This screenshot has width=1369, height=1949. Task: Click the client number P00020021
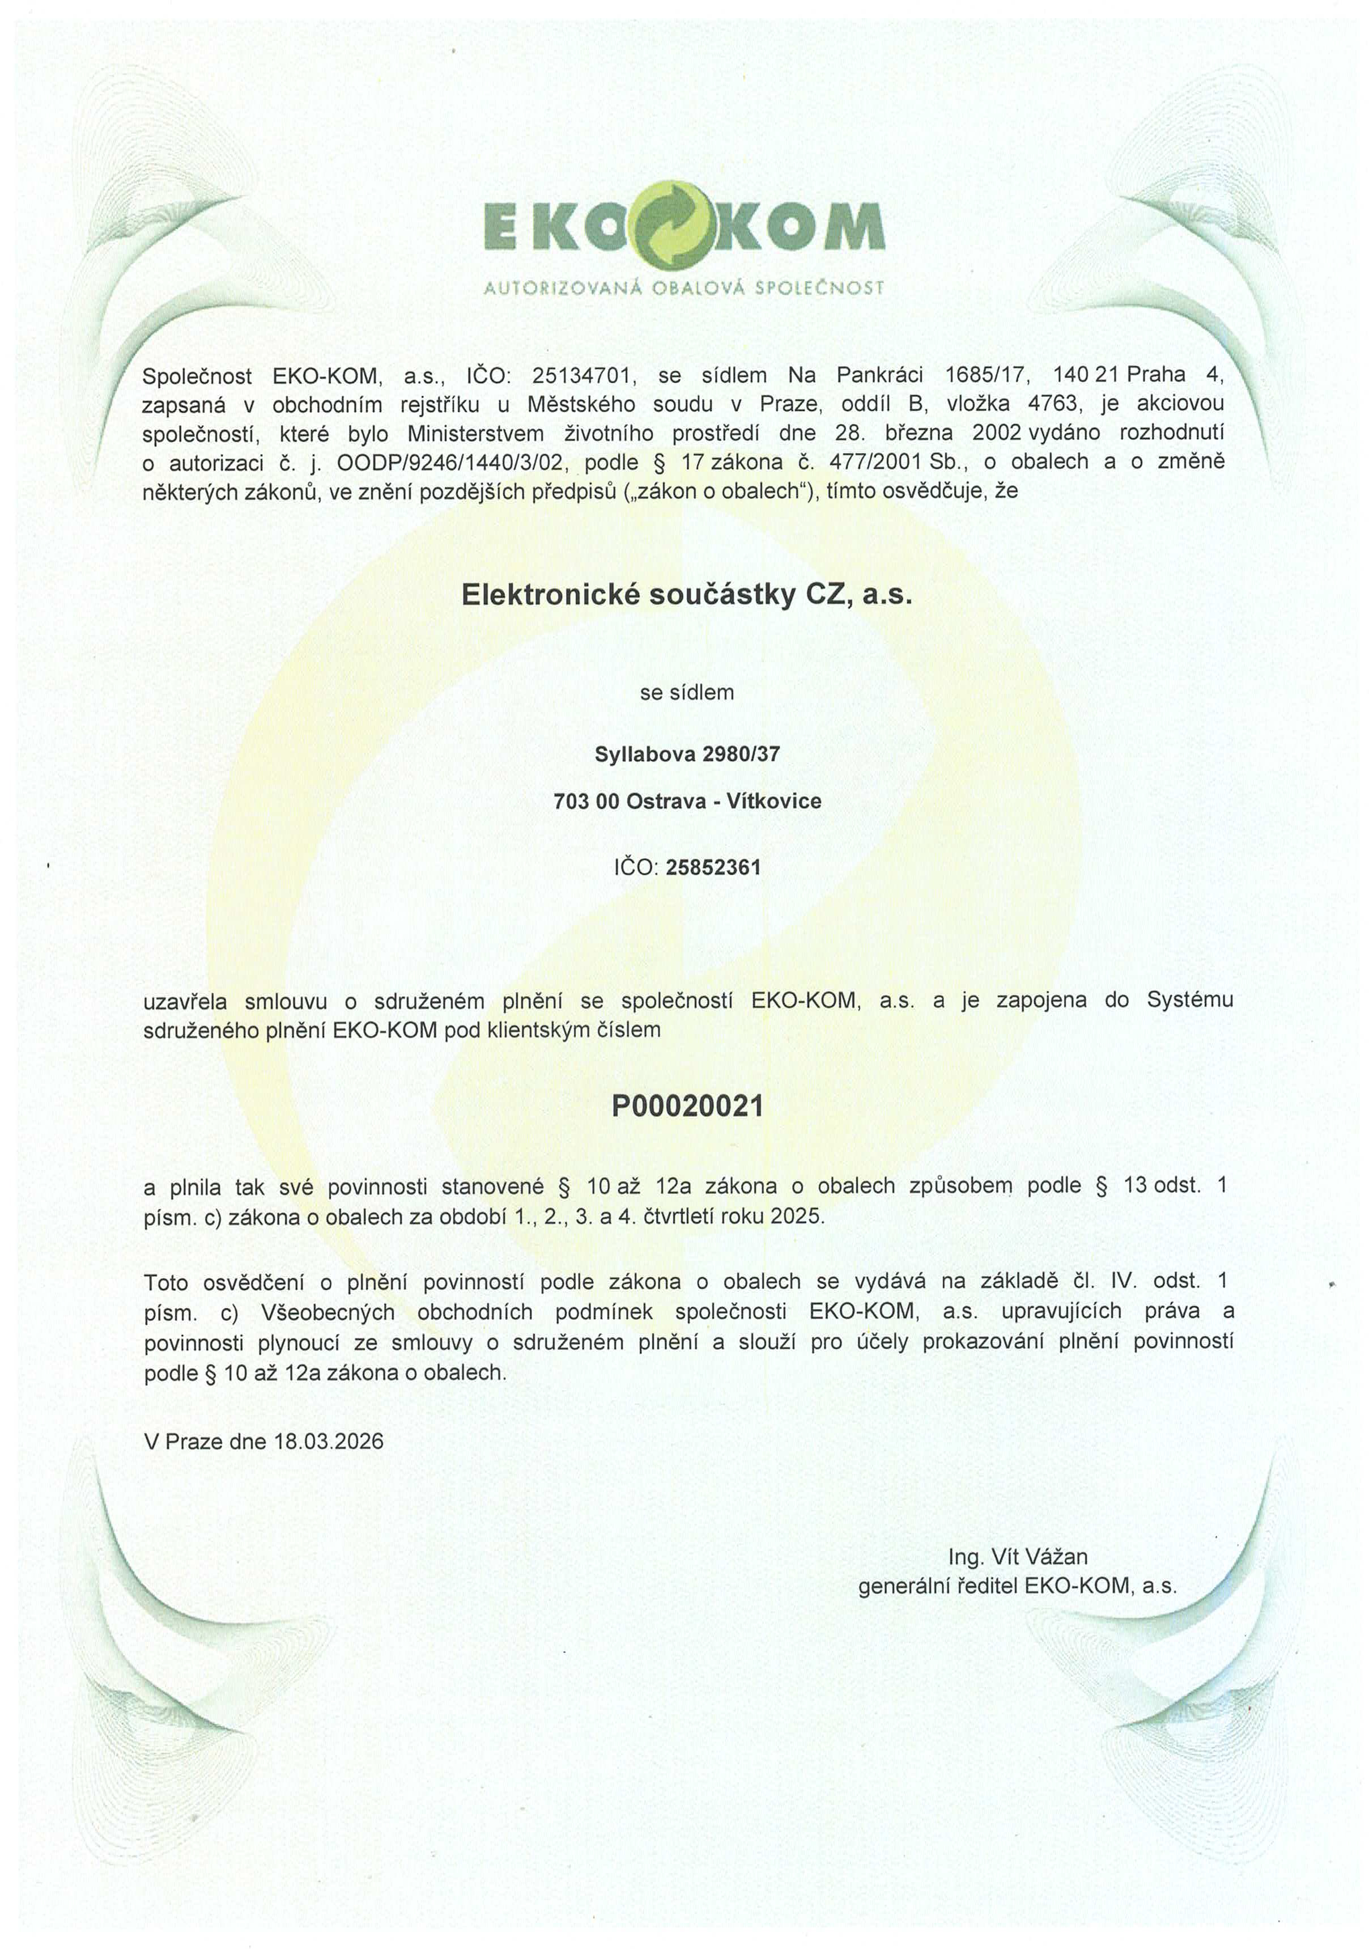pos(687,1106)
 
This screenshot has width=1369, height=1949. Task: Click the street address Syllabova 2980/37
pos(687,754)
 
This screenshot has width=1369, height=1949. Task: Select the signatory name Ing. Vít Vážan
pos(1018,1557)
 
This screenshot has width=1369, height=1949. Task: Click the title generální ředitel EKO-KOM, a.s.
pos(1018,1586)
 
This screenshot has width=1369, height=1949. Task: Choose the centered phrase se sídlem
pos(687,693)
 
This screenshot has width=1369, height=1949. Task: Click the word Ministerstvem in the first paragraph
pos(475,434)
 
